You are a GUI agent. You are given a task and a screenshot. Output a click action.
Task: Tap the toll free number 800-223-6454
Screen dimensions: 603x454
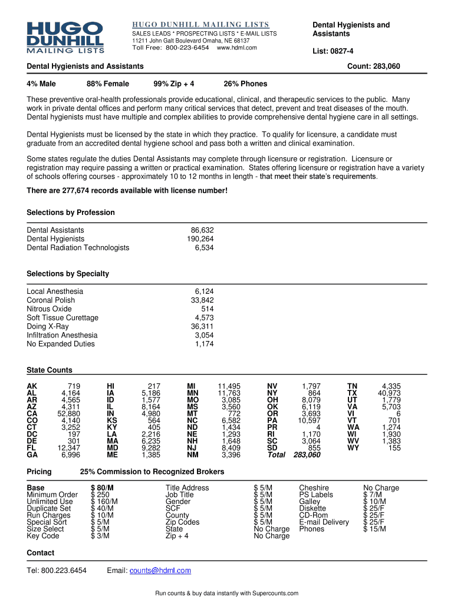[187, 48]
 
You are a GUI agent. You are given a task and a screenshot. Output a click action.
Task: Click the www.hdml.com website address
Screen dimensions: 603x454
[237, 48]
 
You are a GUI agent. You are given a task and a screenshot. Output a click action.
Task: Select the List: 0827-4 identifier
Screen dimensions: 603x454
[334, 51]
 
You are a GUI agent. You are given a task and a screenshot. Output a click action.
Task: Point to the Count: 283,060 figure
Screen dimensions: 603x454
[374, 67]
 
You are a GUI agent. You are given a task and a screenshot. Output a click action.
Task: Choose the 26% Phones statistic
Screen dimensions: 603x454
[245, 84]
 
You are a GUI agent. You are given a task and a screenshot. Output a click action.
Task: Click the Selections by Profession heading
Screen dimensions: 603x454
[71, 213]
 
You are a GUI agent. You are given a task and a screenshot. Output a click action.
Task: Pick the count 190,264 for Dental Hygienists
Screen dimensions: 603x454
[200, 239]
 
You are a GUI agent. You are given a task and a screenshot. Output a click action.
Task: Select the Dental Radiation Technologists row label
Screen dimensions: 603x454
[78, 248]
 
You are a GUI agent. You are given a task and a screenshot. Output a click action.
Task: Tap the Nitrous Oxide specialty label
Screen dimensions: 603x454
[50, 309]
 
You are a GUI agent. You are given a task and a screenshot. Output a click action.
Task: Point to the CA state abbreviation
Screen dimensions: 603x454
[32, 413]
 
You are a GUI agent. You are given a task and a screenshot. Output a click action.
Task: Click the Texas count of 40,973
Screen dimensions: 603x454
[389, 393]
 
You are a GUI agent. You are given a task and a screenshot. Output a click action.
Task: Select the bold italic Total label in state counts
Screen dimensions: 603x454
[276, 455]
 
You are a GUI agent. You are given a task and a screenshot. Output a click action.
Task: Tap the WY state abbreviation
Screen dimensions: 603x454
[353, 448]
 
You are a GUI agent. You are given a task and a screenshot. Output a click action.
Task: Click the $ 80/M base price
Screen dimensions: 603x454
[102, 488]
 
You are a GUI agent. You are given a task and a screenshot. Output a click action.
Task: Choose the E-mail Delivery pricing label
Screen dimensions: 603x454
[324, 522]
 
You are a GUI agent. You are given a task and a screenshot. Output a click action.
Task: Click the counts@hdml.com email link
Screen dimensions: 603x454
[160, 571]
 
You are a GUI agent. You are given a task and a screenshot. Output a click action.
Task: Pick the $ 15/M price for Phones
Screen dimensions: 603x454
[374, 529]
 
